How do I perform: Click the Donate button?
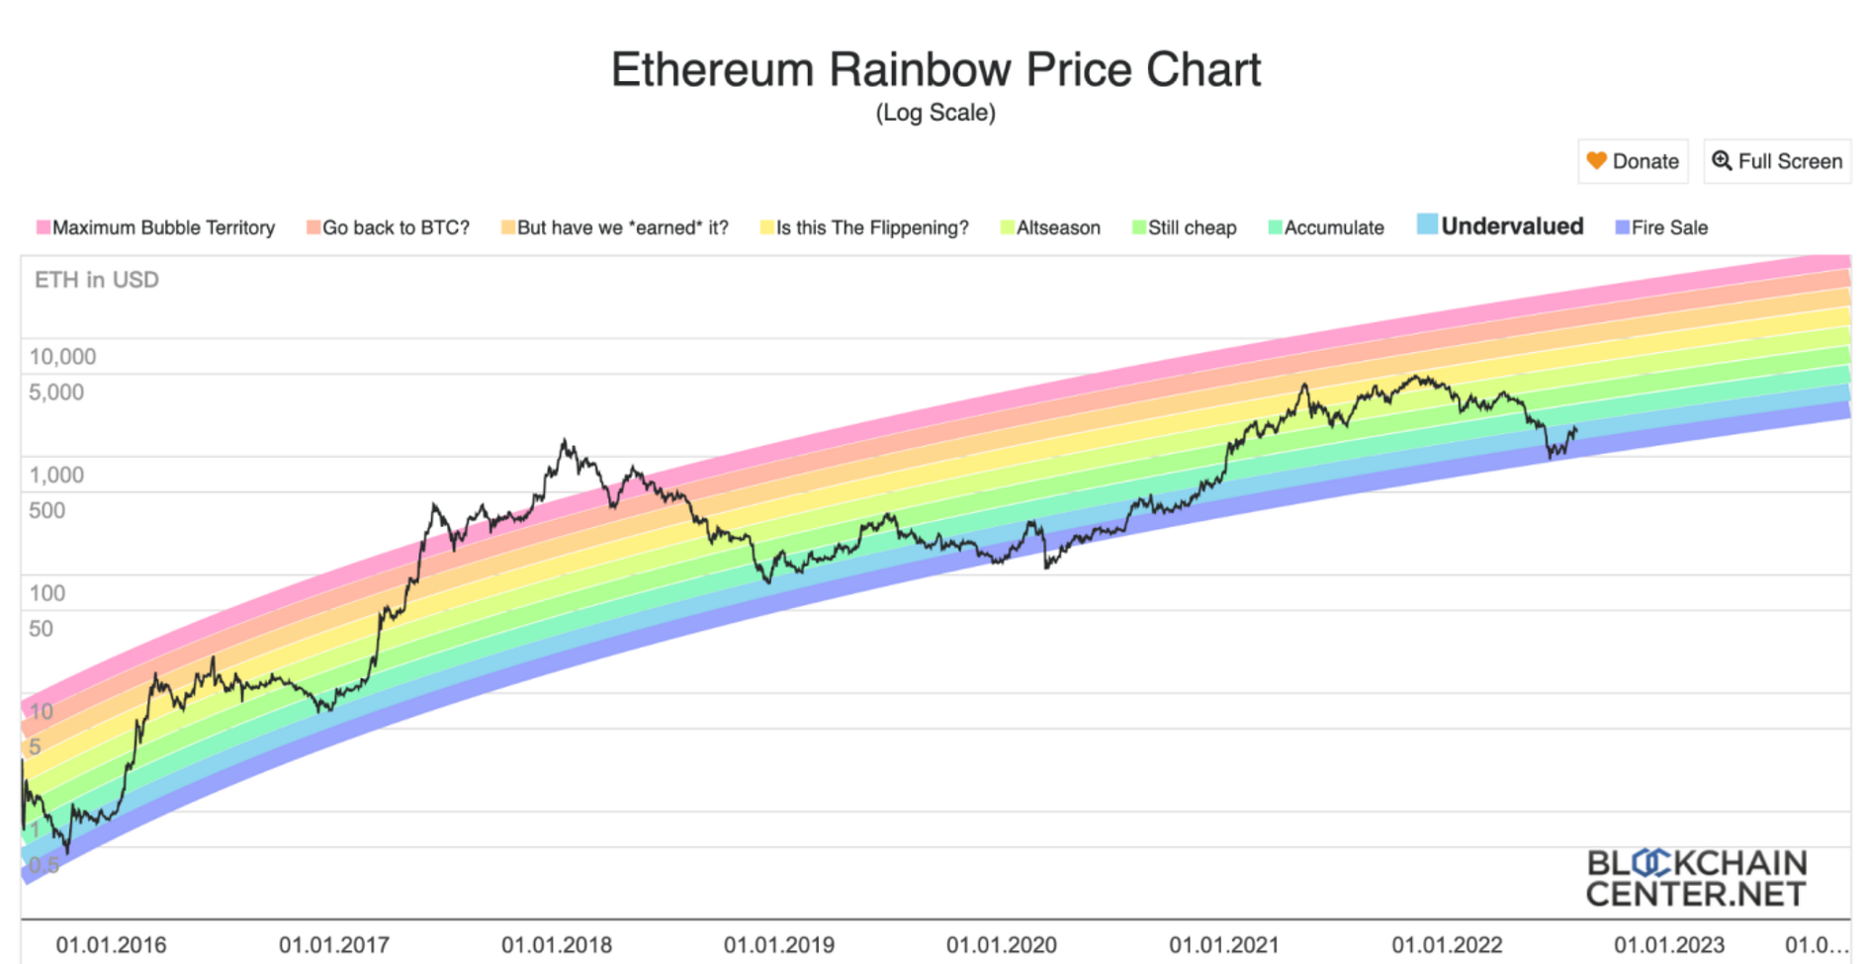1633,161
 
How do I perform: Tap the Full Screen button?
1777,161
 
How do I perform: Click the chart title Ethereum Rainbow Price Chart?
935,70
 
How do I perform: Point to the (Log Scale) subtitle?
935,113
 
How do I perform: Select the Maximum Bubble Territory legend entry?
155,227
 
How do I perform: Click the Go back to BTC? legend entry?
388,227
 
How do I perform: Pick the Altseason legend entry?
1050,227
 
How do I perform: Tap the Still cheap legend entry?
1184,227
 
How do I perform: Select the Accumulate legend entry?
1326,227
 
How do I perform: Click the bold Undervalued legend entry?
1500,226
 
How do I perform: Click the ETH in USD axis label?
97,280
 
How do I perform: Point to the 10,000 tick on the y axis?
62,357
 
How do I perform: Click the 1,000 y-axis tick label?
56,475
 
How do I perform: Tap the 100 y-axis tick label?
46,593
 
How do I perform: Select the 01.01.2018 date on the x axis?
557,945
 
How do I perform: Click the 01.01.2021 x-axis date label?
1224,945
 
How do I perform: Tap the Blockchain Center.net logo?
1696,878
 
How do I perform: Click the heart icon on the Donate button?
1596,160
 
